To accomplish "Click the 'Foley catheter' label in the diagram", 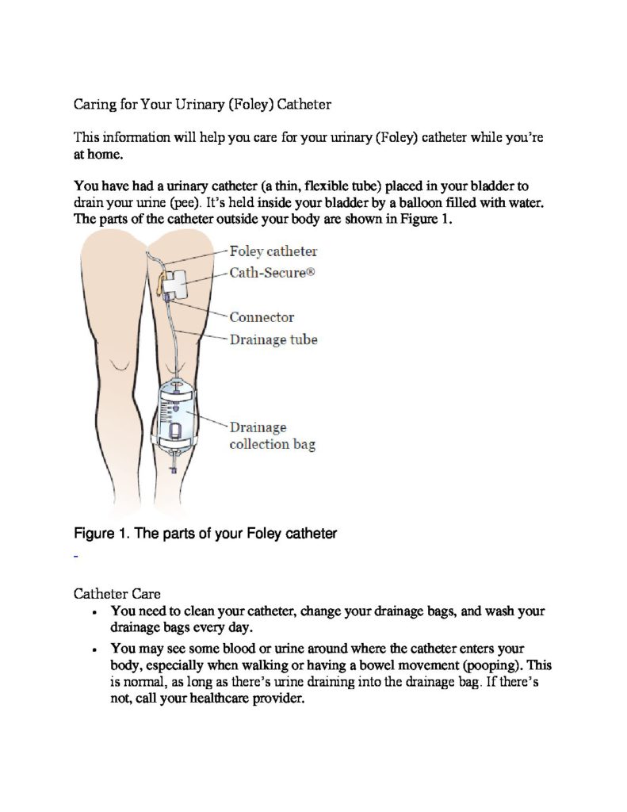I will click(x=273, y=252).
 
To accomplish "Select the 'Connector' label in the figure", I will click(x=262, y=317).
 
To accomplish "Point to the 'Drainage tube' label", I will click(x=273, y=339).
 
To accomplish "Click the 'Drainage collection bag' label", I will click(x=272, y=436).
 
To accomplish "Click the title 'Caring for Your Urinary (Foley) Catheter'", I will click(x=202, y=104).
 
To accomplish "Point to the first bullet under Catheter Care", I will click(x=94, y=613).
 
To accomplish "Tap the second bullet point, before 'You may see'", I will click(x=94, y=649).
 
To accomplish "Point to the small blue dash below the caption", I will click(x=75, y=557).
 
